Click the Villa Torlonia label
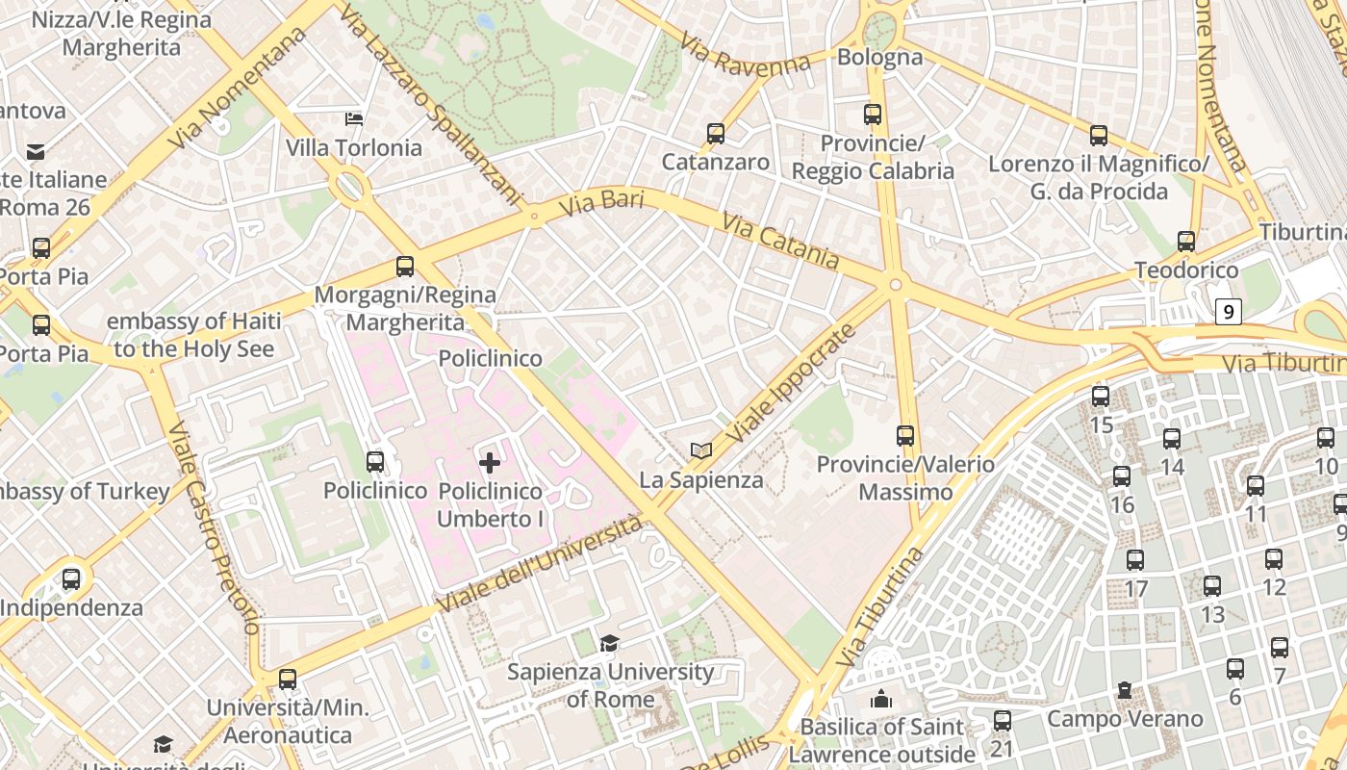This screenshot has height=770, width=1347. tap(354, 147)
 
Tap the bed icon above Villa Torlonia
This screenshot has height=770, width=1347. tap(354, 119)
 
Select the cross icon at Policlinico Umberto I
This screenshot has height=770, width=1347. tap(490, 463)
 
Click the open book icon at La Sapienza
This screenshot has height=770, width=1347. tap(701, 450)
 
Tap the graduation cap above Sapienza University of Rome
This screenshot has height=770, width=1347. tap(609, 643)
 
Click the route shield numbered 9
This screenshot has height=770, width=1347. tap(1228, 312)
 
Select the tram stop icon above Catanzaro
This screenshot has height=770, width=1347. tap(716, 134)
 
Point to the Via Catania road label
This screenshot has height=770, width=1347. tap(780, 242)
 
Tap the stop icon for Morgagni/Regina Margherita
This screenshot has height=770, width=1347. tap(405, 267)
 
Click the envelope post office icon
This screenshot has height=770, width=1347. tap(36, 151)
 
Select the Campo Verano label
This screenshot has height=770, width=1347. tap(1125, 718)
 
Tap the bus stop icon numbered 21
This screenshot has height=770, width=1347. tap(1003, 720)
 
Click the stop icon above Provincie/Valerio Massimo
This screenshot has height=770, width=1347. tap(905, 436)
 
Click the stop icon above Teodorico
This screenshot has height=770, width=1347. tap(1186, 242)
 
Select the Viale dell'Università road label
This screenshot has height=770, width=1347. tap(540, 564)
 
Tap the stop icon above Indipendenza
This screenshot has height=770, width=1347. tap(71, 579)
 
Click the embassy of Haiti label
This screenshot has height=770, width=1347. tap(194, 334)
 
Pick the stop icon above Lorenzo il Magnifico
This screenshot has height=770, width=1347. tap(1099, 136)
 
